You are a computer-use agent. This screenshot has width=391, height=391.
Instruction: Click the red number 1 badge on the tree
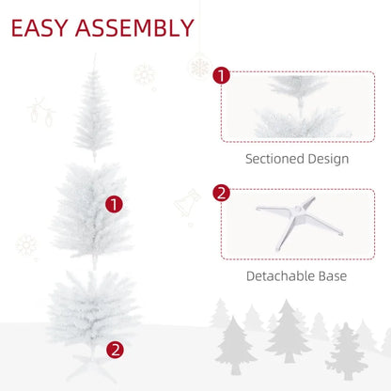(x=115, y=203)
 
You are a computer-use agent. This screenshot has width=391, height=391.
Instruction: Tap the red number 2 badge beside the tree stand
(x=115, y=350)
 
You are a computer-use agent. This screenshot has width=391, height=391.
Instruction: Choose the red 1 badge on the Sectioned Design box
(x=221, y=75)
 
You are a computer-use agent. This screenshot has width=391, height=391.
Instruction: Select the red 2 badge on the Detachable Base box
(x=221, y=194)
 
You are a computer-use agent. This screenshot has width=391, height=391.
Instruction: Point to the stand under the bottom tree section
(x=92, y=363)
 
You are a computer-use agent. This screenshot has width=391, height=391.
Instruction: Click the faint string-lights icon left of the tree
(x=40, y=113)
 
